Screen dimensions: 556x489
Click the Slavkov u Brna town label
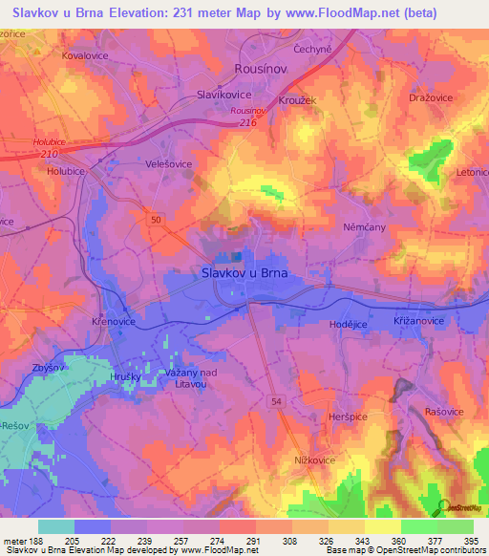[x=244, y=272]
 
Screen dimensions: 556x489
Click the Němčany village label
[x=363, y=228]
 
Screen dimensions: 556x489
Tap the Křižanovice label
[x=418, y=322]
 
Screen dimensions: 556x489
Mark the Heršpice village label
[x=349, y=417]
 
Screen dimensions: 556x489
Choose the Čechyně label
[x=313, y=49]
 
